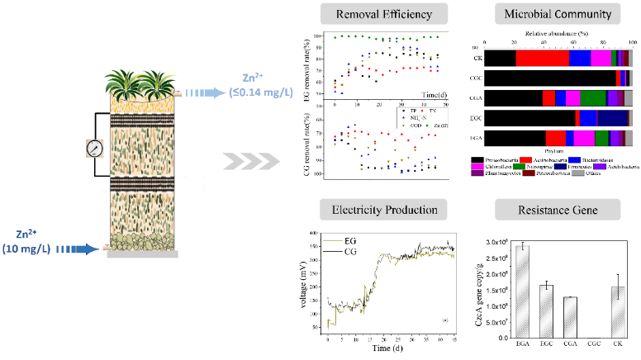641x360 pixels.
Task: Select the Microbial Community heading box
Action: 558,14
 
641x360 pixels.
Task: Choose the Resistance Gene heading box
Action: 558,210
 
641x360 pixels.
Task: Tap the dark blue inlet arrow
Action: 79,245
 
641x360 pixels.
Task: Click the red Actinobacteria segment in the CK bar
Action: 542,59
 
